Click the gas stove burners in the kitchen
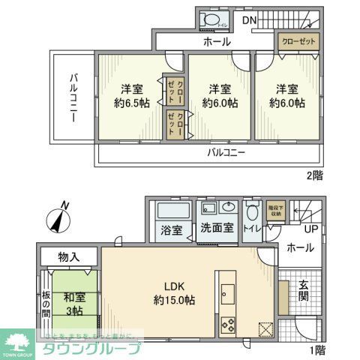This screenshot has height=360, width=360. pyautogui.click(x=227, y=324)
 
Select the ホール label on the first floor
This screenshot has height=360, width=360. pyautogui.click(x=300, y=247)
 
